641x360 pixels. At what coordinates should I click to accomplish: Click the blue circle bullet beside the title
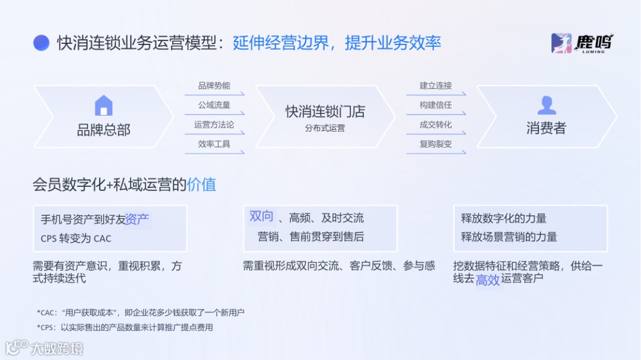click(x=41, y=43)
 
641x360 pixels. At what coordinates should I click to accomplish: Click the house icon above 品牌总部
click(x=103, y=106)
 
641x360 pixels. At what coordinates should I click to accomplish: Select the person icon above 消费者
click(x=546, y=105)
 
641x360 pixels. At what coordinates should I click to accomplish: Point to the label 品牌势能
click(x=214, y=86)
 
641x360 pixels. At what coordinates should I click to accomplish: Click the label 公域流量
click(x=214, y=106)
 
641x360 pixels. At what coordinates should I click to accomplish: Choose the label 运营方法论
click(x=214, y=125)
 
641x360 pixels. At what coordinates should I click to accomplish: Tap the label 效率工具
click(x=214, y=144)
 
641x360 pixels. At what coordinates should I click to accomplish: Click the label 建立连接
click(x=436, y=86)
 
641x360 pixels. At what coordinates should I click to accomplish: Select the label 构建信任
click(x=436, y=106)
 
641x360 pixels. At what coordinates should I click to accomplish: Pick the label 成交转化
click(x=436, y=125)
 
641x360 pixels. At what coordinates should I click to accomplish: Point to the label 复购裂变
click(x=436, y=144)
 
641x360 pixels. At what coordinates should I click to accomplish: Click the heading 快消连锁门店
click(x=325, y=111)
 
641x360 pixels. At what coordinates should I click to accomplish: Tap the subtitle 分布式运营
click(x=325, y=128)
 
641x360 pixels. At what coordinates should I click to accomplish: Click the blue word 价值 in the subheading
click(x=201, y=184)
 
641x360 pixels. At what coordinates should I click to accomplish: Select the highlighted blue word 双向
click(x=262, y=217)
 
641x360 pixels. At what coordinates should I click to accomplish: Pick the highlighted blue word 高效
click(x=488, y=280)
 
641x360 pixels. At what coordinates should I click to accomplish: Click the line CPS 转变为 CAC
click(x=76, y=238)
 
